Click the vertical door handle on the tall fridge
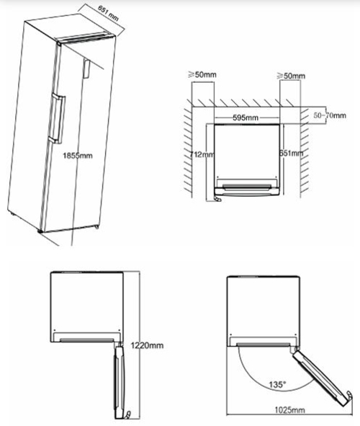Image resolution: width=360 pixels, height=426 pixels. [54, 120]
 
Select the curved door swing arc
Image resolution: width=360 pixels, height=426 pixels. [248, 375]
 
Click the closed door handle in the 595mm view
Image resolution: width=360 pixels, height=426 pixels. [248, 189]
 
